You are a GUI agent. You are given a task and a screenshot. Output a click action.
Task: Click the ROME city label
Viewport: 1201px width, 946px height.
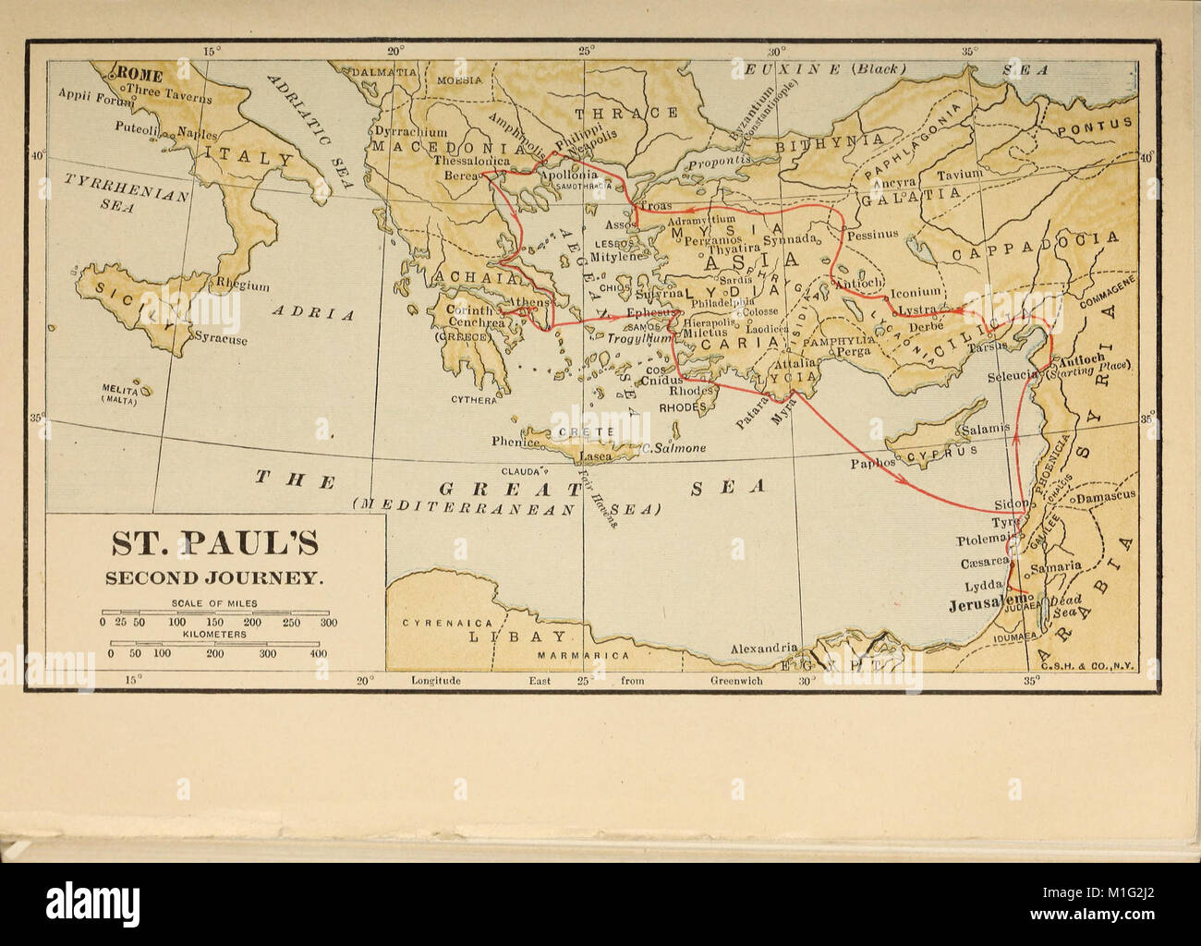(x=139, y=76)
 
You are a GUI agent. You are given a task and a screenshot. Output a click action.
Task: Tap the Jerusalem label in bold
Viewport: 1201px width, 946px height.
(x=987, y=606)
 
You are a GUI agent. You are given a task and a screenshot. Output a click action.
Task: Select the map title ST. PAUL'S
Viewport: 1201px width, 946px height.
(x=216, y=543)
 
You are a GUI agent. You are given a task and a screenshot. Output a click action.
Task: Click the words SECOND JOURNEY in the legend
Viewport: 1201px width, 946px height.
(x=214, y=578)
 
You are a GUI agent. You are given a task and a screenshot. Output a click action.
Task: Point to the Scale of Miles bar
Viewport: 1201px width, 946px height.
(x=218, y=612)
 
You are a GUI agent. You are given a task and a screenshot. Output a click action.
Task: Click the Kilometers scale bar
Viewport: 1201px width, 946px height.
(x=216, y=644)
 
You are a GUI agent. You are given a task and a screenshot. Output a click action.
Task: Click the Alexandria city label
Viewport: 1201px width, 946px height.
(x=763, y=649)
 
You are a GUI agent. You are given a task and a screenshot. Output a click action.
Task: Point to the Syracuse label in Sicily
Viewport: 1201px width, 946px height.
(x=220, y=339)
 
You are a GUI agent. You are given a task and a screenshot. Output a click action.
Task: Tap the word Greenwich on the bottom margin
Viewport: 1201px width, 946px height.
(x=736, y=680)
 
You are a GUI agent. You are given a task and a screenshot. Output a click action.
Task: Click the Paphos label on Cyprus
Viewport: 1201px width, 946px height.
(x=874, y=462)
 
